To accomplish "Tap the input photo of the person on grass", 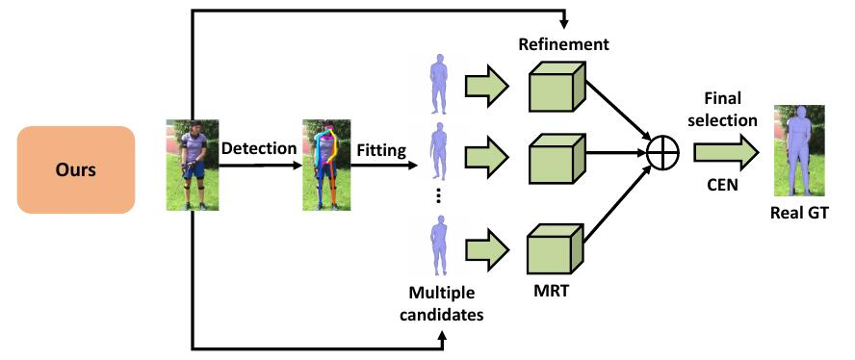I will tap(193, 164).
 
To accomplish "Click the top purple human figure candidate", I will tap(440, 85).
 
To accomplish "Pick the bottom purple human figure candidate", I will tap(440, 245).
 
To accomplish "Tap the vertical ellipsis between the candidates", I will tap(439, 195).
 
